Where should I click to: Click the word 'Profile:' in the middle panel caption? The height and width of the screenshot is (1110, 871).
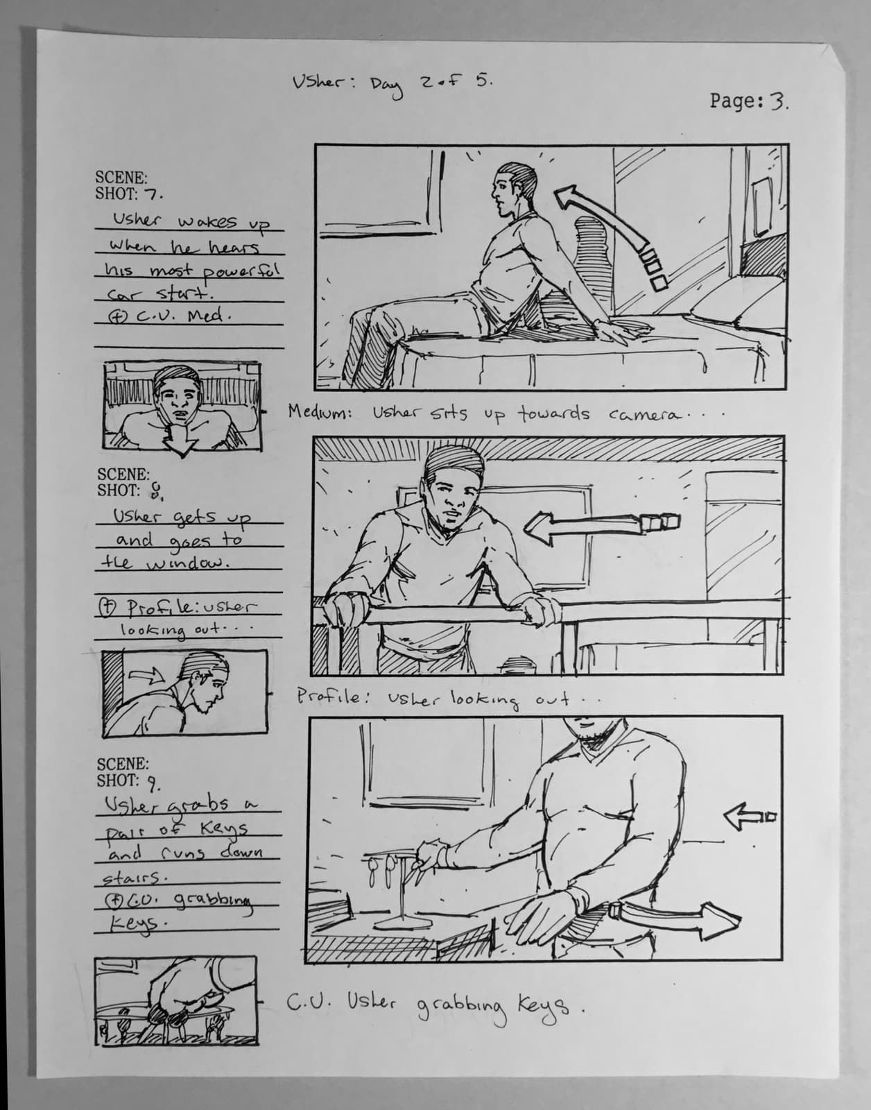point(329,697)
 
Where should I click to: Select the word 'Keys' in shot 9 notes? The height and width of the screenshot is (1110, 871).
point(222,829)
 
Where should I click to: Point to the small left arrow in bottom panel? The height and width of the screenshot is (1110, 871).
point(749,817)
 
